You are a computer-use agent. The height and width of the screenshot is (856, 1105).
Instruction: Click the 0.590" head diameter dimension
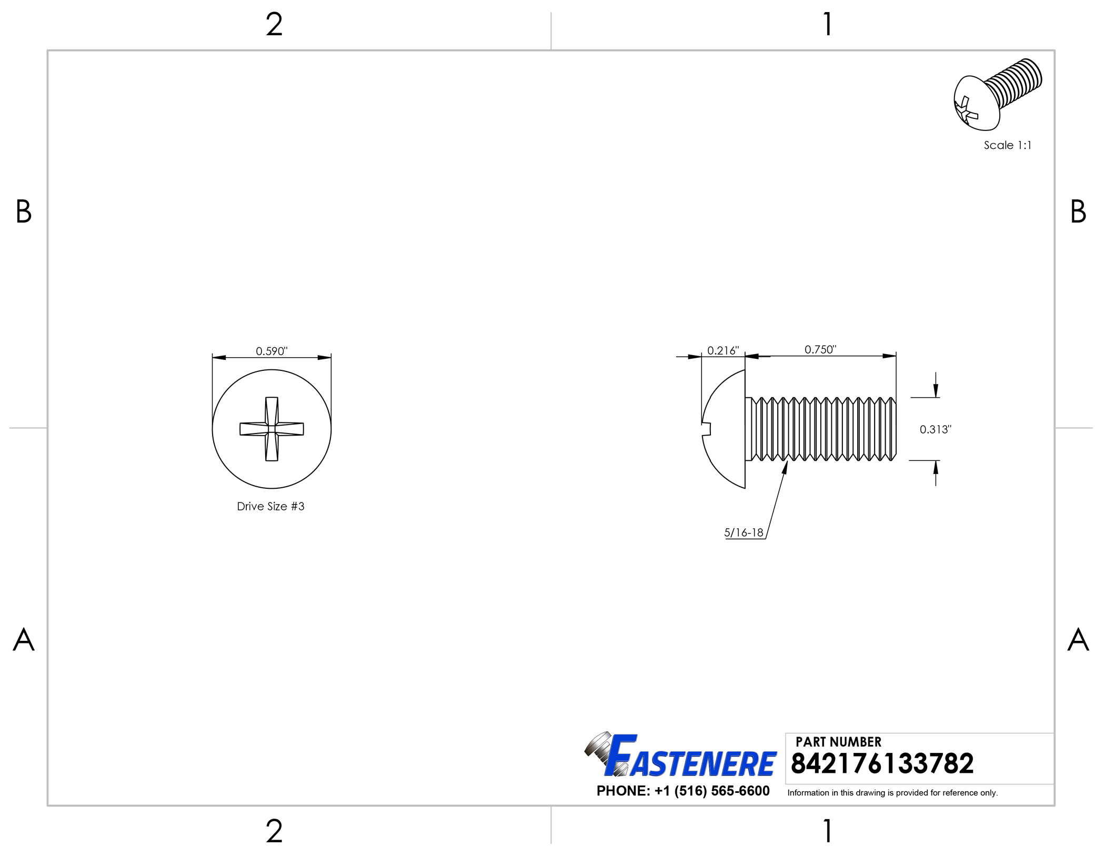272,351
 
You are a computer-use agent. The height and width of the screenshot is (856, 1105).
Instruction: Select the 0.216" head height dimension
723,350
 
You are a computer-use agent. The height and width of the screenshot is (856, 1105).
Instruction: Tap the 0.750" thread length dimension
820,349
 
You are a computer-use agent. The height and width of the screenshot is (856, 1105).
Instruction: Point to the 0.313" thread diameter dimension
936,429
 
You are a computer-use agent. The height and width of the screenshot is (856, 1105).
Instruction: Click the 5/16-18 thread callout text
744,532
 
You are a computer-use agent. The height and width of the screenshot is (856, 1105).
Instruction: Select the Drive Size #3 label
270,506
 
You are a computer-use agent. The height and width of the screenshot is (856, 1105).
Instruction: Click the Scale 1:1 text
1008,145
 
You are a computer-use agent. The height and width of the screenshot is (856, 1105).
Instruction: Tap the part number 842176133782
882,763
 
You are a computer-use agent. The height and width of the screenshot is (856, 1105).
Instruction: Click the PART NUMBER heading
838,742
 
